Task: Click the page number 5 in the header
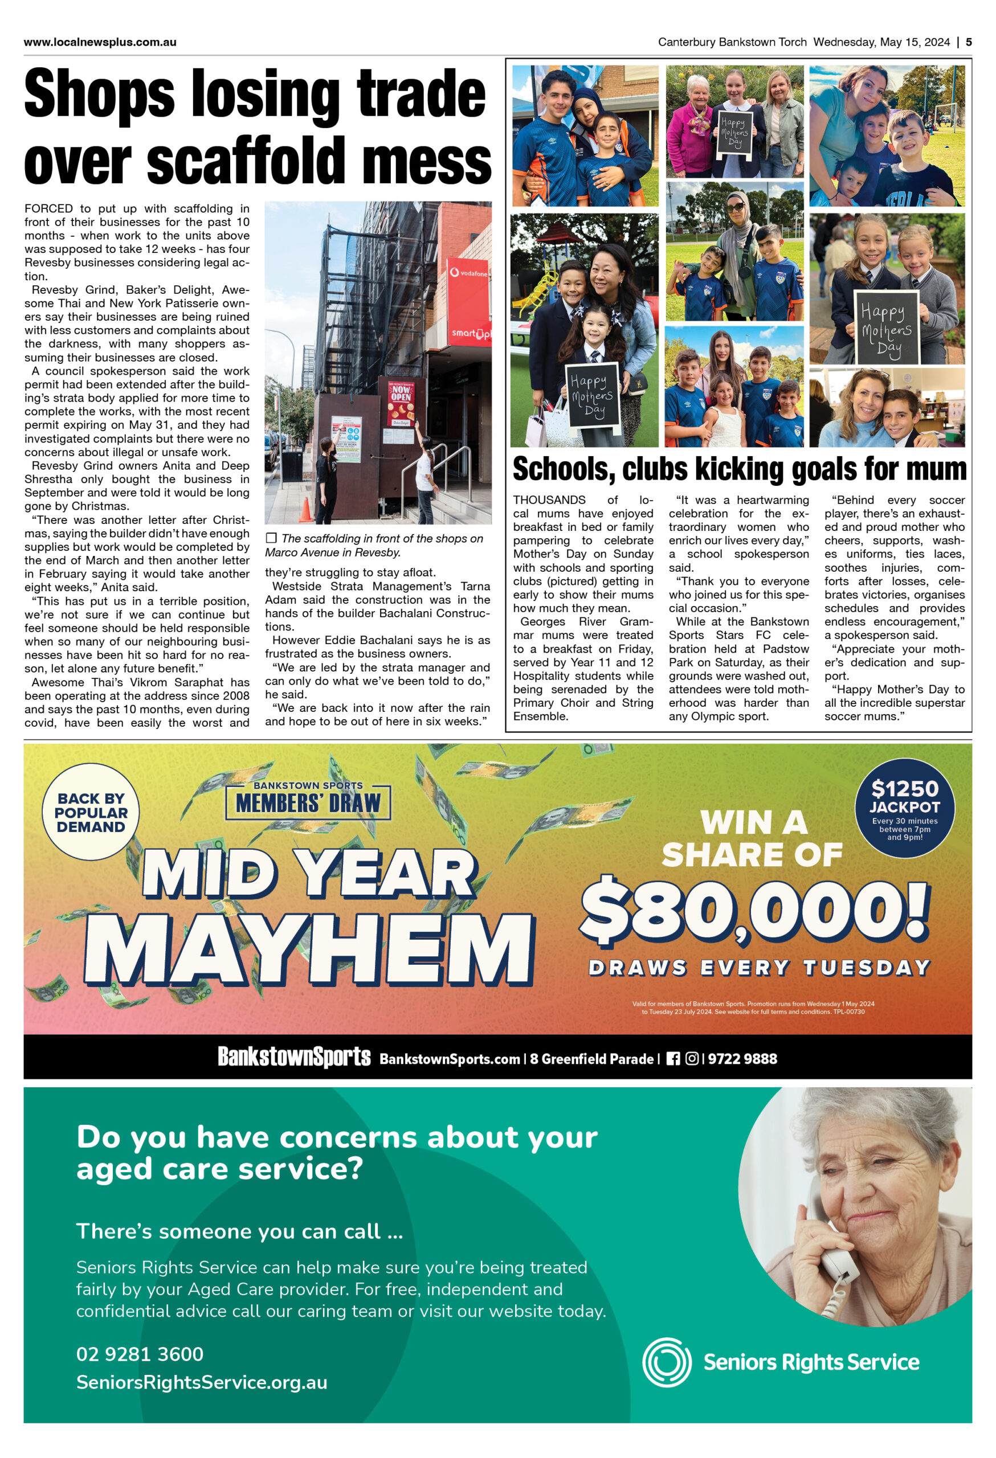click(969, 42)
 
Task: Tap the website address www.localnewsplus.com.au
click(100, 42)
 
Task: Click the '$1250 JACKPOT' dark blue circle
click(904, 807)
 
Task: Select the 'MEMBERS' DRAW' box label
click(308, 803)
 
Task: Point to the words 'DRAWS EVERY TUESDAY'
click(759, 968)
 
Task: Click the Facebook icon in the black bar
click(673, 1058)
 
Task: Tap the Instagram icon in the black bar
click(692, 1058)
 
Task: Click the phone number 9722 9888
click(742, 1059)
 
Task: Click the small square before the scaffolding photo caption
click(271, 538)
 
